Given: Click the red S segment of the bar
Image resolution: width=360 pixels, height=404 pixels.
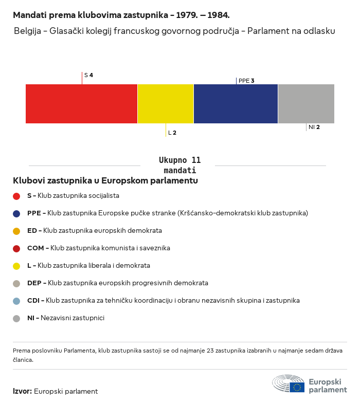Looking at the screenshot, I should (x=81, y=104).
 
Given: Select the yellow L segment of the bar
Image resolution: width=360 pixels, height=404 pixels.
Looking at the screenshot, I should (x=166, y=104).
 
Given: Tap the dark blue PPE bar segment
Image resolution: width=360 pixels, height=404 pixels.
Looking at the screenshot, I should (x=236, y=104).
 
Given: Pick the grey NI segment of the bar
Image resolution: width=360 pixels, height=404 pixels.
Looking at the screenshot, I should (x=306, y=104).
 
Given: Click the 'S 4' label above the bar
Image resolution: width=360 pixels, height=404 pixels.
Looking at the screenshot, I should (x=88, y=75).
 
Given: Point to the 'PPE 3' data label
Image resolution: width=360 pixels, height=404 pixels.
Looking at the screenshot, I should (x=246, y=81).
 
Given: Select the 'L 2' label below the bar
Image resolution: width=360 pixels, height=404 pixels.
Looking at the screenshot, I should (x=172, y=133).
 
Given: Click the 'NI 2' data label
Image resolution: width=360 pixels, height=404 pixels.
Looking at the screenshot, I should (x=314, y=127).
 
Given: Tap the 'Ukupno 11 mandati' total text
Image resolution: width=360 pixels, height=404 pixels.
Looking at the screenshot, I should (x=179, y=165).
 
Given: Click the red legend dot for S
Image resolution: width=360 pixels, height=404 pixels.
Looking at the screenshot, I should (x=16, y=196).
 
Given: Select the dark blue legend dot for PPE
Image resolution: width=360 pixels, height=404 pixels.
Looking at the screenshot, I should (x=16, y=213).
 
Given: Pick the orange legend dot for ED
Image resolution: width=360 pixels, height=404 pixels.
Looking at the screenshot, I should (x=16, y=231).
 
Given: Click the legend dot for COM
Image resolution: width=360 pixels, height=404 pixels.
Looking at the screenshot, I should (x=16, y=248).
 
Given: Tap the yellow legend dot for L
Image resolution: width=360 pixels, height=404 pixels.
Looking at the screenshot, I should (x=16, y=266).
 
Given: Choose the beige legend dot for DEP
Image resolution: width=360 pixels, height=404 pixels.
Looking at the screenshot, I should (x=16, y=283).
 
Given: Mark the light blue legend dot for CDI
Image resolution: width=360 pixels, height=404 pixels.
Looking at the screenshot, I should (x=16, y=301).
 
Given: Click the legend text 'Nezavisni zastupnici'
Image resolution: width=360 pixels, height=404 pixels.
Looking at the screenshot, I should (x=73, y=318).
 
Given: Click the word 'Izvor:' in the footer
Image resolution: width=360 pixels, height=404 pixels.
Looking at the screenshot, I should (x=22, y=391).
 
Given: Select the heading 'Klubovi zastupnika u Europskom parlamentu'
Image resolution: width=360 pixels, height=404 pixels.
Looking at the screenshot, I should (x=105, y=180).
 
